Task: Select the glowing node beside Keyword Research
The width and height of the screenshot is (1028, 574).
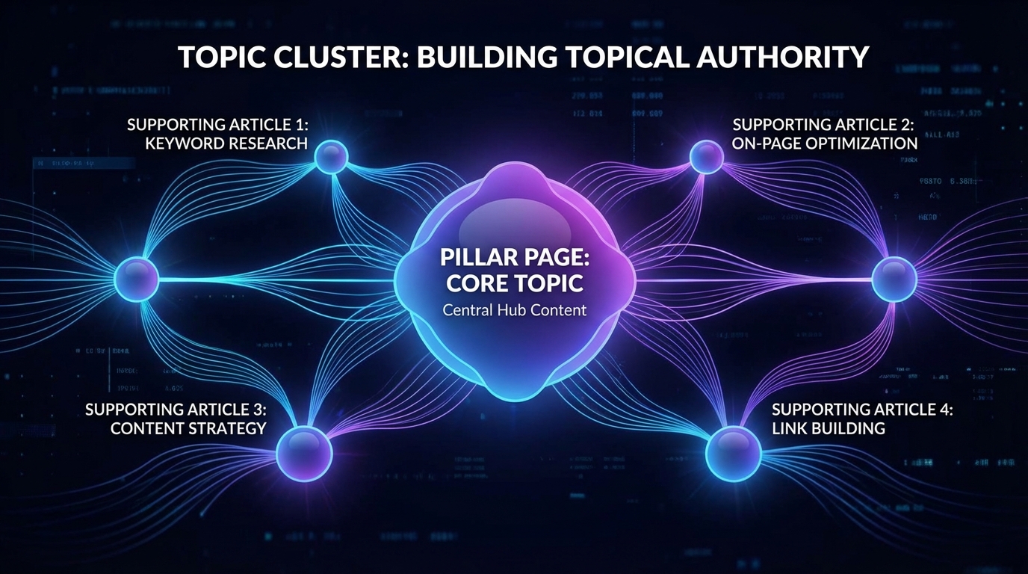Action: (x=330, y=156)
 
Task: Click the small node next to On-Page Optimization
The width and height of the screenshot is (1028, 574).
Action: (x=706, y=156)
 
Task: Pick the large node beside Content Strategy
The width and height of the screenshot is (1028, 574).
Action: (x=304, y=454)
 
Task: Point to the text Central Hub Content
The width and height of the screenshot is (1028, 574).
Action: (x=515, y=309)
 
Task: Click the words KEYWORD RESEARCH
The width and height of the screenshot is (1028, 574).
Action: (x=226, y=143)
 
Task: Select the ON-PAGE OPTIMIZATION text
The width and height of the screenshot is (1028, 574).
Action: (x=825, y=143)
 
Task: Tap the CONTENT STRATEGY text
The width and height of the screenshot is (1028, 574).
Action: (x=188, y=428)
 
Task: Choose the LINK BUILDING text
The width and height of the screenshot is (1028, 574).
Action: (x=828, y=428)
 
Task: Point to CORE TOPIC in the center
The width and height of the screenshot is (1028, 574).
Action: (x=515, y=284)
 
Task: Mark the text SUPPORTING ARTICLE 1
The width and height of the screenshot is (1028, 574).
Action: (x=217, y=124)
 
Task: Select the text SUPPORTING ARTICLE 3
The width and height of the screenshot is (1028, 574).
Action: (x=176, y=410)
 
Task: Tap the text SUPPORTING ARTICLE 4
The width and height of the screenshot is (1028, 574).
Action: (x=862, y=410)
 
